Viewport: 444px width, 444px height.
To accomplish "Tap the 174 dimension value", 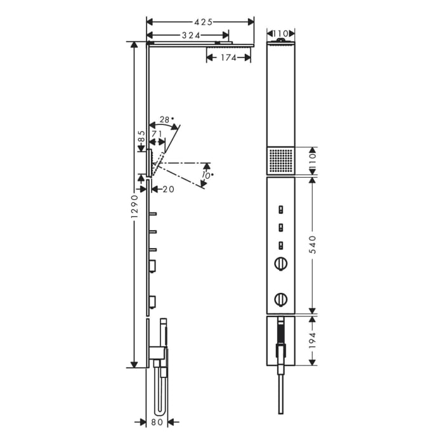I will click(228, 58).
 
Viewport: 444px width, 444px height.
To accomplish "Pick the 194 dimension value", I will click(311, 341).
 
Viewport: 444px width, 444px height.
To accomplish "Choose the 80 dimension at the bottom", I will click(157, 421).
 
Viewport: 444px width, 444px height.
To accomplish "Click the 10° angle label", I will click(207, 176).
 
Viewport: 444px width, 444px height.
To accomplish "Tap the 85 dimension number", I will click(141, 136).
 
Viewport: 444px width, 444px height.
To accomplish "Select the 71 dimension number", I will click(157, 134).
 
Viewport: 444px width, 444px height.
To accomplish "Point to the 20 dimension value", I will click(168, 188).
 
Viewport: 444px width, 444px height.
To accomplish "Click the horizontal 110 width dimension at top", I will click(281, 33).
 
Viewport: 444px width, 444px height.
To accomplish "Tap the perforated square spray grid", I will click(281, 160).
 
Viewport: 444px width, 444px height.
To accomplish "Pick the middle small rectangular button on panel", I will click(280, 227).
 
